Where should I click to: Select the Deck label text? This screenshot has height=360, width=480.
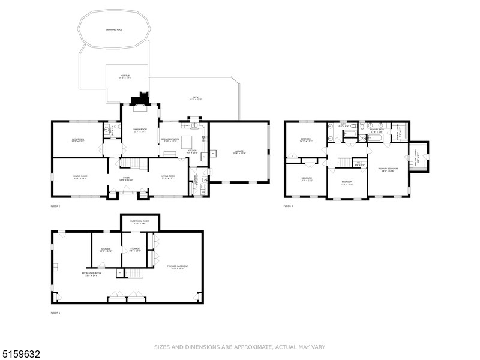coord(195,98)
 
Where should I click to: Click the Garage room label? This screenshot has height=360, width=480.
coord(238,152)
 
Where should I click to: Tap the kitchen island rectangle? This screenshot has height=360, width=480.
coord(187,142)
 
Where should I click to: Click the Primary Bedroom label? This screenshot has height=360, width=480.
coord(387,170)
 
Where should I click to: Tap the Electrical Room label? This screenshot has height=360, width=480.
coord(140,222)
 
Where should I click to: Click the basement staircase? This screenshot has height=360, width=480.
coord(136,274)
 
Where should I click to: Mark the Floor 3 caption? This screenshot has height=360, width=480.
coord(288,206)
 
